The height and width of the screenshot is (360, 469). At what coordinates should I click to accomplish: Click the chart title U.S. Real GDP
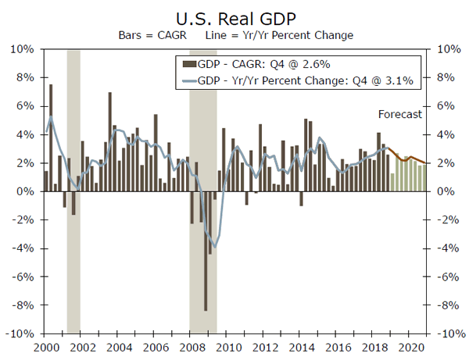[234, 16]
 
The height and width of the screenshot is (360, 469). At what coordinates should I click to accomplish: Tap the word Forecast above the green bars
[399, 114]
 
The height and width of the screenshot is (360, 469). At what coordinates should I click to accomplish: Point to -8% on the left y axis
[23, 305]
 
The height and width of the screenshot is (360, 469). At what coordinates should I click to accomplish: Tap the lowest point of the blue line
[215, 247]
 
